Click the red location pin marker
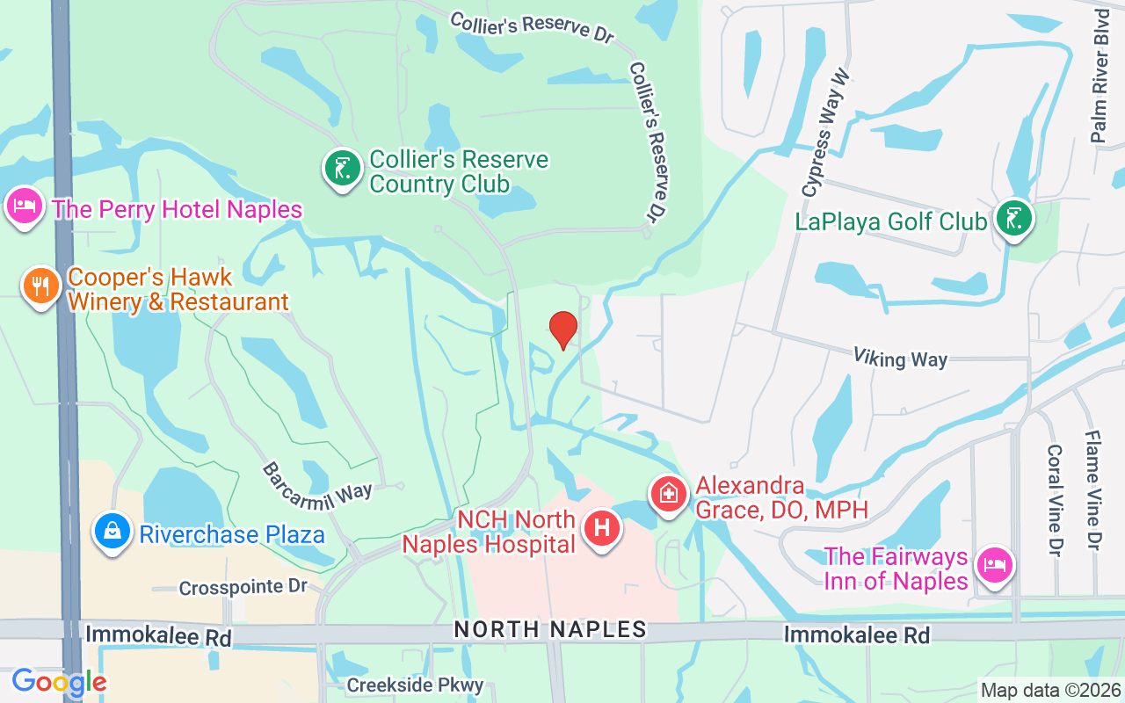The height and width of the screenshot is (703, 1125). point(562,330)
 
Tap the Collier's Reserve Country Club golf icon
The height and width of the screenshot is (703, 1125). point(343,168)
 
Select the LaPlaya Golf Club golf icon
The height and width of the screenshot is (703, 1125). point(1014,218)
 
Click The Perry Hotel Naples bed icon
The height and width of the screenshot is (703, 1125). point(24,207)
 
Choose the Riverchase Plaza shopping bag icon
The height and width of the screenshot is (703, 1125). point(112,531)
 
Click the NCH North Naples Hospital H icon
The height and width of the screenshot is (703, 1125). point(602,529)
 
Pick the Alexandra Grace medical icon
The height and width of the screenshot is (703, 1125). point(668,494)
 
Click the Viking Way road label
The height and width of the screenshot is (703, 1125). point(900,358)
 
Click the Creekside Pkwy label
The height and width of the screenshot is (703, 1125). point(415,685)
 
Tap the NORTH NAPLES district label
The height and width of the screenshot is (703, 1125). point(550,629)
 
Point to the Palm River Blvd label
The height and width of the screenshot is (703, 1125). point(1100,76)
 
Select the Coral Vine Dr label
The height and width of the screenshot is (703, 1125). point(1055,498)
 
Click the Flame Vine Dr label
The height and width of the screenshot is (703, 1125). point(1092,489)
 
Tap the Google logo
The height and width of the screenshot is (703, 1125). point(59,682)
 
